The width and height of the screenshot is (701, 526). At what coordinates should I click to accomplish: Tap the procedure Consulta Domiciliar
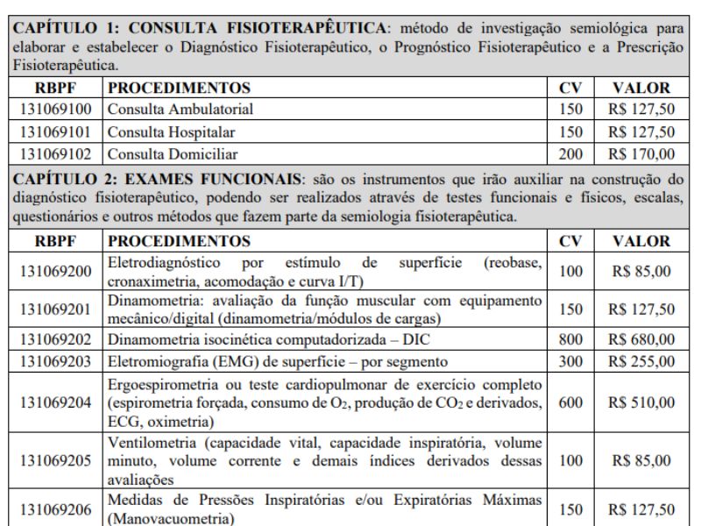click(x=161, y=154)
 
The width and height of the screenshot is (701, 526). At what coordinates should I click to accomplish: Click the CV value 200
click(x=570, y=154)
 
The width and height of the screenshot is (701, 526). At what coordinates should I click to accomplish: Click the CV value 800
click(x=570, y=338)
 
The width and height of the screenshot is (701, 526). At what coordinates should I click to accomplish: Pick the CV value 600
click(x=570, y=402)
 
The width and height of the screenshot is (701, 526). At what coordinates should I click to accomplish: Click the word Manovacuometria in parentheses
click(x=164, y=518)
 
